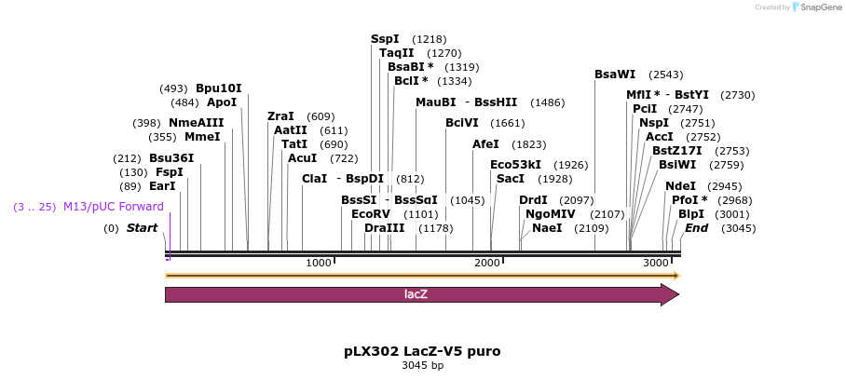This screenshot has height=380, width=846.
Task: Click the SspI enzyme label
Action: click(385, 39)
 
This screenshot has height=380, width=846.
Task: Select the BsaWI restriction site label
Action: click(615, 75)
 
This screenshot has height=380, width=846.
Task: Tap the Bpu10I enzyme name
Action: click(218, 88)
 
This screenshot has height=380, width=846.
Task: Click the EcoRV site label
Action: click(371, 214)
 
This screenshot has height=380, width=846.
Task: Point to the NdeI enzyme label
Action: click(680, 185)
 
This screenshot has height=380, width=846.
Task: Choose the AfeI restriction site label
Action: click(485, 144)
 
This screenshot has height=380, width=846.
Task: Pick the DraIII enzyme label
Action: click(385, 228)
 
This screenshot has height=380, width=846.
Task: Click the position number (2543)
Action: click(666, 75)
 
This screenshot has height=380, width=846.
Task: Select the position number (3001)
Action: click(732, 214)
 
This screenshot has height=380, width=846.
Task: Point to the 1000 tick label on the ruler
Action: click(319, 264)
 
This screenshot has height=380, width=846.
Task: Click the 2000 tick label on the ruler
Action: click(487, 264)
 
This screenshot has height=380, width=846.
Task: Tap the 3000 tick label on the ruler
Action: click(656, 264)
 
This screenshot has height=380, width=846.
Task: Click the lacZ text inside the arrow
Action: click(416, 294)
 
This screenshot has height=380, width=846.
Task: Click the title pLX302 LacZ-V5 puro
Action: click(422, 351)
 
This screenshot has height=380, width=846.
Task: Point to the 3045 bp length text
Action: click(422, 365)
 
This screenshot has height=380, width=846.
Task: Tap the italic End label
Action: click(697, 228)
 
